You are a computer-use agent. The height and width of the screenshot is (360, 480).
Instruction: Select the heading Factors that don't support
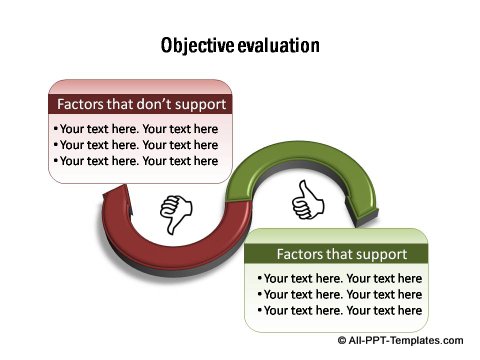coord(141,104)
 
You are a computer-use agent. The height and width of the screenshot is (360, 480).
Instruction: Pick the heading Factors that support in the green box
coord(341,254)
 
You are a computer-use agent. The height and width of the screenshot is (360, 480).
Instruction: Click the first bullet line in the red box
coord(138,129)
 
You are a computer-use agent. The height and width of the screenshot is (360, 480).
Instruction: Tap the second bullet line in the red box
coord(138,145)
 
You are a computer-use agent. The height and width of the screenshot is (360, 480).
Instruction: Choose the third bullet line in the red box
coord(138,161)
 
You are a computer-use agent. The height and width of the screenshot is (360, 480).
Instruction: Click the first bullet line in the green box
coord(339,279)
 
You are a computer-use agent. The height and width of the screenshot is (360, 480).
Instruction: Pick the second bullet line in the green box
coord(339,295)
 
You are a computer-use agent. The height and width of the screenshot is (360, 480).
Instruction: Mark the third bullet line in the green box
coord(339,311)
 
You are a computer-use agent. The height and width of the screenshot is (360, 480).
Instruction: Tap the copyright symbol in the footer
coord(342,341)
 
